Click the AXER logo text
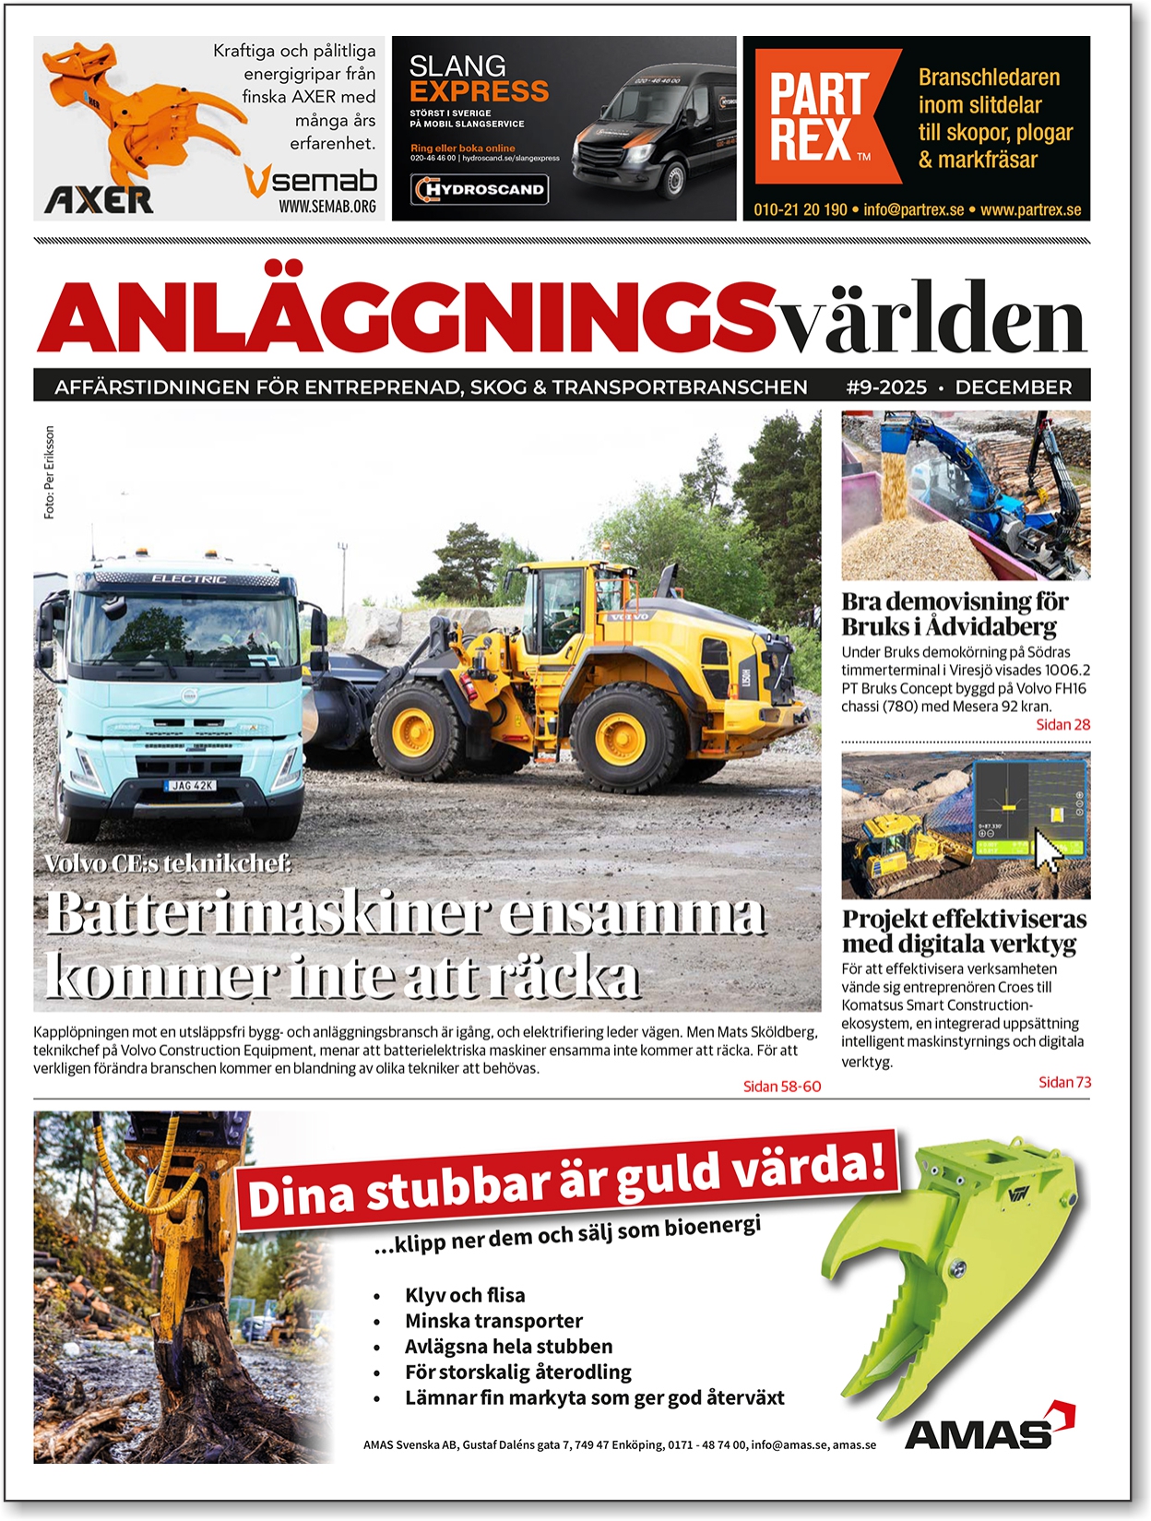click(99, 198)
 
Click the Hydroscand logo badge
click(480, 190)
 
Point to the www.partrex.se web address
click(1030, 209)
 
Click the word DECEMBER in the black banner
click(1013, 387)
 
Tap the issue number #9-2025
click(885, 387)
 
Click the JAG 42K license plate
click(191, 785)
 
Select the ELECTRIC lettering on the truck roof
click(189, 578)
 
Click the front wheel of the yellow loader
click(419, 730)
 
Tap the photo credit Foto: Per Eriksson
click(49, 472)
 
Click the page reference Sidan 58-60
click(781, 1087)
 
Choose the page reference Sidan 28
click(1062, 725)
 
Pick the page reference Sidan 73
click(1064, 1082)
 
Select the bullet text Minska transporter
click(493, 1321)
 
